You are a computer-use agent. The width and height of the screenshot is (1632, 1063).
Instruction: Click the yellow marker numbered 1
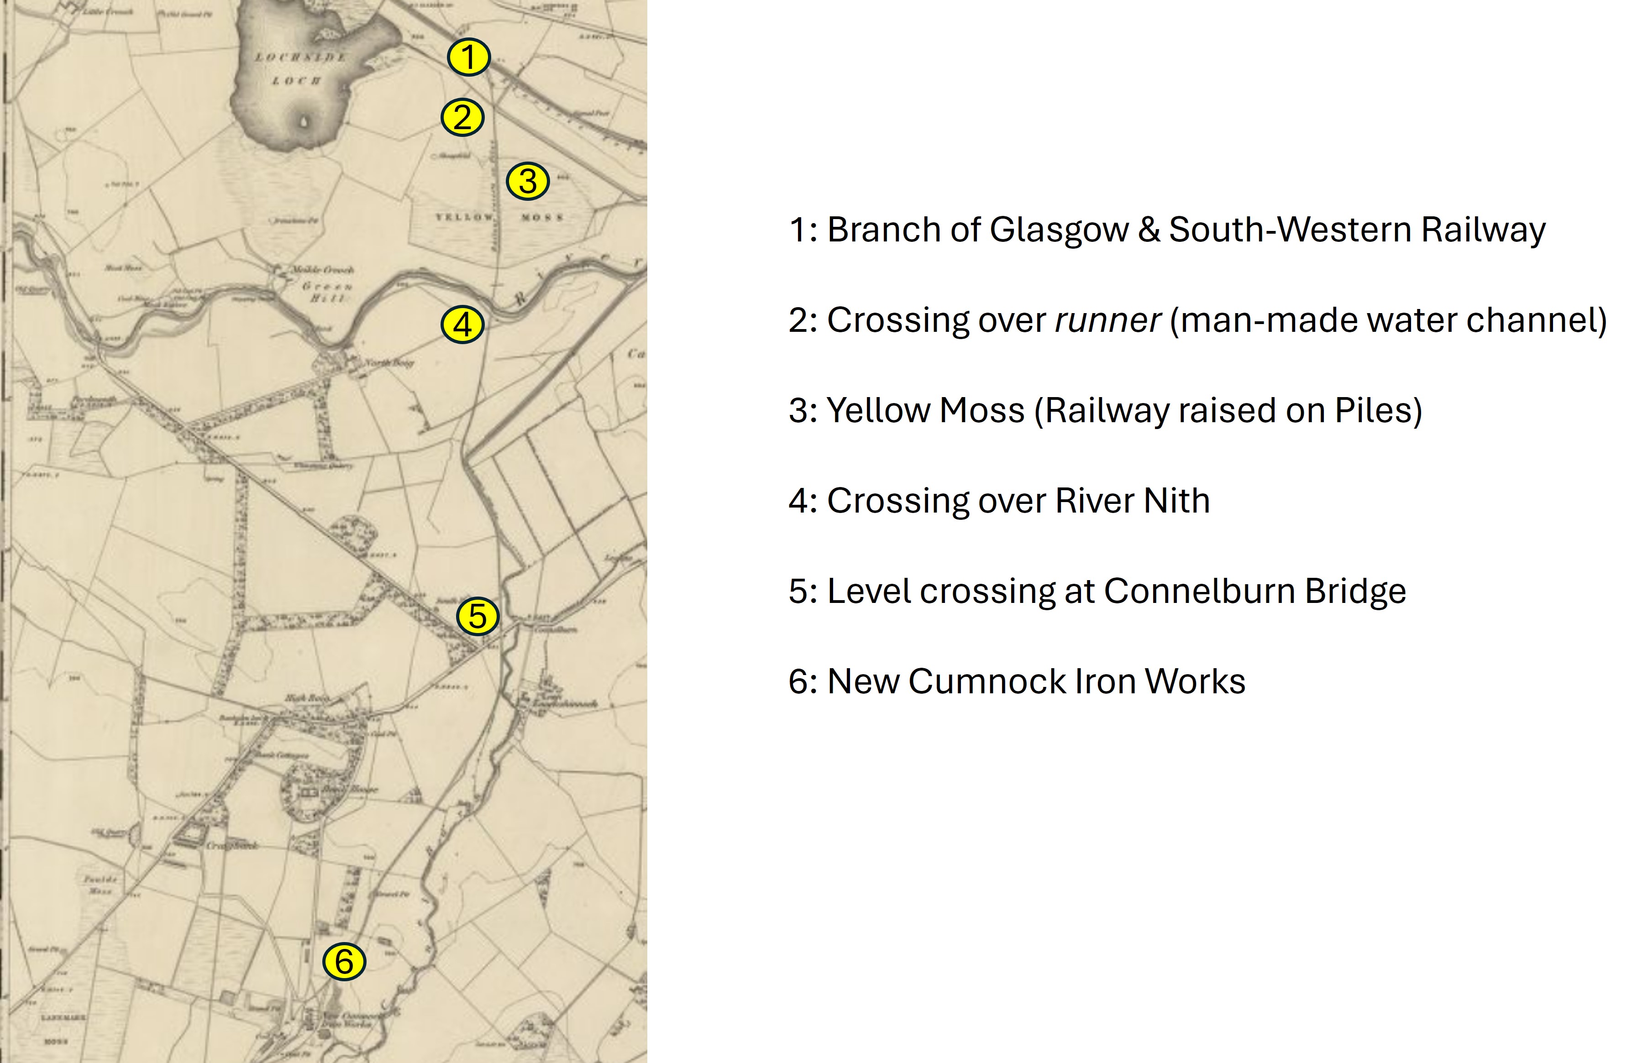(x=468, y=57)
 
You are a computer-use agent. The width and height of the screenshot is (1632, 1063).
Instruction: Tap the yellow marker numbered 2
(x=462, y=118)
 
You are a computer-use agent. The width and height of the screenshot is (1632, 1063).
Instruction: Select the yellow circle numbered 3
(x=527, y=181)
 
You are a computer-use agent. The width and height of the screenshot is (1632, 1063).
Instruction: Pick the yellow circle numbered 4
(x=462, y=325)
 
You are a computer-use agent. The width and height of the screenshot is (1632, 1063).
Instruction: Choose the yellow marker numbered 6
(x=344, y=962)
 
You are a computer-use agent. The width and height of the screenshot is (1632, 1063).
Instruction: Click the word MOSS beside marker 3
(x=542, y=217)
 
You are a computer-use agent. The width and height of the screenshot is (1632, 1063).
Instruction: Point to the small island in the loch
(x=304, y=122)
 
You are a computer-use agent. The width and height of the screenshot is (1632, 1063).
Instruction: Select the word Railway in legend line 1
(x=1483, y=230)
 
